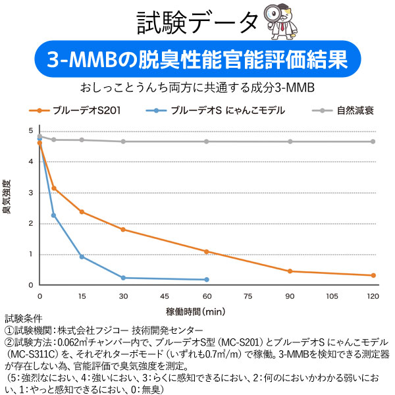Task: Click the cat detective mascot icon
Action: click(281, 22)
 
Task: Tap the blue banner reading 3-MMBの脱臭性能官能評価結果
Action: click(197, 61)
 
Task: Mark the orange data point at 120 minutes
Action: click(373, 275)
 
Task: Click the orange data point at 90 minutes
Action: click(290, 271)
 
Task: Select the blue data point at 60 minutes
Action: click(207, 280)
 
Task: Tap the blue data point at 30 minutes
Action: click(123, 278)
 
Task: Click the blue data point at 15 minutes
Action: click(82, 256)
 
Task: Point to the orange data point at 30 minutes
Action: click(123, 229)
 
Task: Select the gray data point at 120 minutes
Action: click(373, 142)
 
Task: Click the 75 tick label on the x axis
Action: click(248, 296)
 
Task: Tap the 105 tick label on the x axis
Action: click(332, 296)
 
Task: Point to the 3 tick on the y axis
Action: click(30, 192)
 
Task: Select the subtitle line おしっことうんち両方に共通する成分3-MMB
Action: click(197, 88)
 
